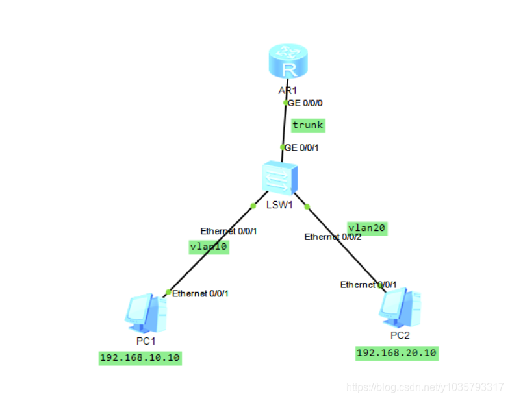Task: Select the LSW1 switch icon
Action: (279, 177)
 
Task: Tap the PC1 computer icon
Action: (145, 314)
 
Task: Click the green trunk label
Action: (307, 125)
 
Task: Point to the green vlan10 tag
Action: (208, 247)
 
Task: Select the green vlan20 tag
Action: (367, 228)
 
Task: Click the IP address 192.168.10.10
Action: (140, 358)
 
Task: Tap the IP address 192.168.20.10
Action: (396, 353)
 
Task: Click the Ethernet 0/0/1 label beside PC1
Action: (200, 293)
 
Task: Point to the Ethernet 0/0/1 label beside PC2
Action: (368, 284)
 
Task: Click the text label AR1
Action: (288, 90)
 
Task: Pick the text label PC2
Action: (400, 335)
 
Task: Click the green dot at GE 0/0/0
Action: (286, 103)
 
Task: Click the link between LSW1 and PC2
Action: (348, 247)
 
